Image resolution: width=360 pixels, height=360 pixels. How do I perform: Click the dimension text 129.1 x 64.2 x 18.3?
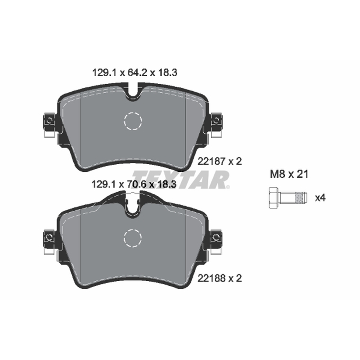135,73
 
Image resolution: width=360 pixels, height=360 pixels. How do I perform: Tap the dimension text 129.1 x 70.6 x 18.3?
134,184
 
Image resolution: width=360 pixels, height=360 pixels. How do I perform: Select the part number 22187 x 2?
220,162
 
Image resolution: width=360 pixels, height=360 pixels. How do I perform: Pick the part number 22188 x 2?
220,279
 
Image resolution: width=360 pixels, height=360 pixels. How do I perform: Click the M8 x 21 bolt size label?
289,174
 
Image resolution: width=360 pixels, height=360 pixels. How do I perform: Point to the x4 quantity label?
320,198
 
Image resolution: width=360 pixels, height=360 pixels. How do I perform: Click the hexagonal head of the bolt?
274,198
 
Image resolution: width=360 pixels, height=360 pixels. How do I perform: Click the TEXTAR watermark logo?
181,180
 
